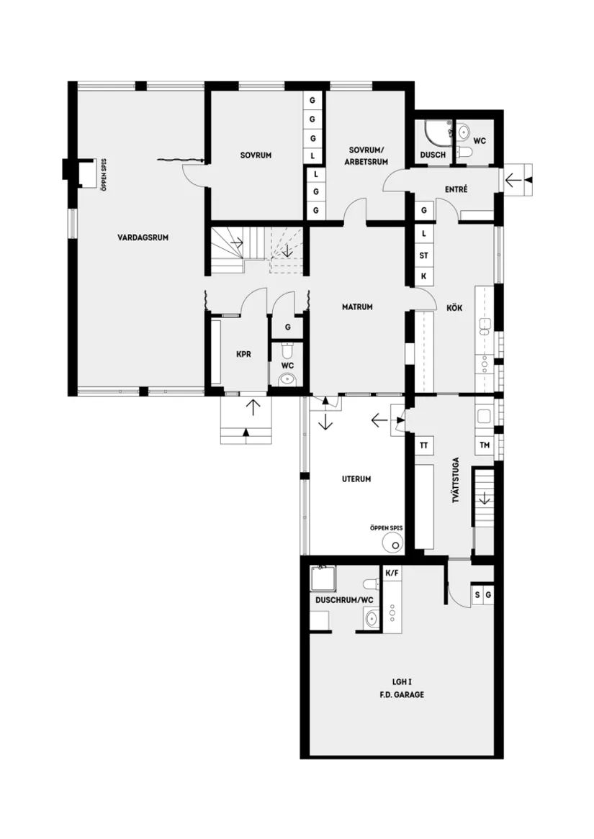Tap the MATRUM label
(356, 307)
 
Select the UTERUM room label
(356, 479)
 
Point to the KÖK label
(454, 308)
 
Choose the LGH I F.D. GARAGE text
(402, 688)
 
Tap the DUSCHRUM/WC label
(344, 599)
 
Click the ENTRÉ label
(456, 189)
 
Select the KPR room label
(243, 354)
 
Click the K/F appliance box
(392, 573)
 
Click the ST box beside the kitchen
(424, 255)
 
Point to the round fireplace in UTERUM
(393, 542)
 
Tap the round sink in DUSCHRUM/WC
(372, 618)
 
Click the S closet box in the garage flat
(477, 595)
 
